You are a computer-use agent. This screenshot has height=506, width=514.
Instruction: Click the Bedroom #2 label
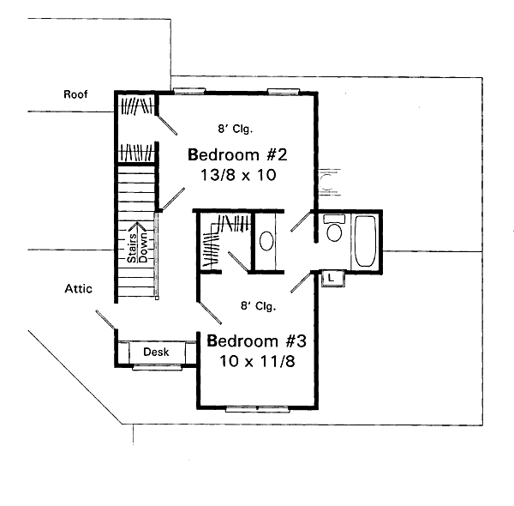click(237, 154)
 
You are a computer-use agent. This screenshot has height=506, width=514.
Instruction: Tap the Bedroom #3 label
click(257, 341)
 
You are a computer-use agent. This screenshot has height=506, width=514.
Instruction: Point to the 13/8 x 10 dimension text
click(238, 175)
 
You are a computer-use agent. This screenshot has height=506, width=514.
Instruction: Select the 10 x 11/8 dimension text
click(257, 361)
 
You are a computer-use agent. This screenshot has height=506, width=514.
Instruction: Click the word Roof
click(75, 94)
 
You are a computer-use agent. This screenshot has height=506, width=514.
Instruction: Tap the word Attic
click(78, 289)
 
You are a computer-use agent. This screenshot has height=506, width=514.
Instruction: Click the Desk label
click(156, 352)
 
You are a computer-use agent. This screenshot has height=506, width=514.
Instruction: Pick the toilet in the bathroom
click(334, 228)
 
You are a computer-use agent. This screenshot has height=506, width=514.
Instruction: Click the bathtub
click(365, 241)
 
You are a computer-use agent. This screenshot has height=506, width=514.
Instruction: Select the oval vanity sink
click(266, 241)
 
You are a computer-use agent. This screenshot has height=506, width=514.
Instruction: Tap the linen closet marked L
click(333, 279)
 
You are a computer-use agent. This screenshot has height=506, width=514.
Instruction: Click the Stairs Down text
click(138, 248)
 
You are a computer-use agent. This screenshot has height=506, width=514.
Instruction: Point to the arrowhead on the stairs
click(137, 225)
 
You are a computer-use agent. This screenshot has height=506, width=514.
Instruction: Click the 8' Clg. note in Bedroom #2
click(236, 129)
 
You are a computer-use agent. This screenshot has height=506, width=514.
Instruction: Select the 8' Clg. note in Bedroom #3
click(259, 306)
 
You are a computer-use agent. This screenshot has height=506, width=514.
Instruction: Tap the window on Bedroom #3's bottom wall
click(257, 409)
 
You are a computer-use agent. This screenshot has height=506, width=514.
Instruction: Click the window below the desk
click(158, 367)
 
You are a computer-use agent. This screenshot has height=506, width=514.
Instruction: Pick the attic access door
click(105, 319)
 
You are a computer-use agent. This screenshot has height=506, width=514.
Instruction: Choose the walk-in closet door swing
click(238, 262)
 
